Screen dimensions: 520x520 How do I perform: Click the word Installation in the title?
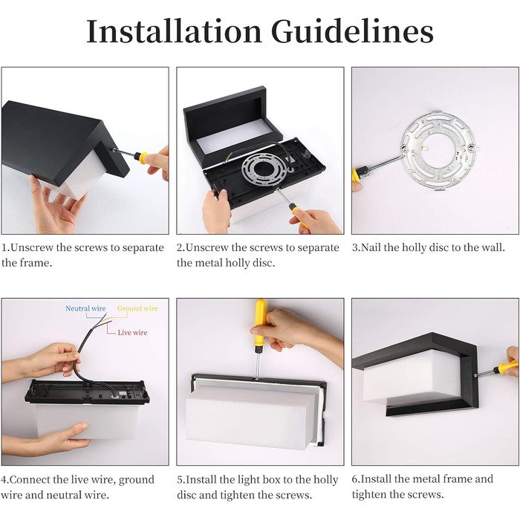[174, 31]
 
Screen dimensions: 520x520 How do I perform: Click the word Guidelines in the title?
[352, 31]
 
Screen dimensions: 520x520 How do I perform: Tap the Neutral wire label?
[85, 308]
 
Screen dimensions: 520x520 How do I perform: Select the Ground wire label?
[137, 308]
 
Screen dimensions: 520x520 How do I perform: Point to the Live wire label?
[132, 332]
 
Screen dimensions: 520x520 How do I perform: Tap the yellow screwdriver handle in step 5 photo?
[260, 321]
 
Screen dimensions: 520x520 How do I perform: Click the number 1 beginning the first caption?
[4, 247]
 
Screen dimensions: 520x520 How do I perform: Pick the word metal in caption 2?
[210, 263]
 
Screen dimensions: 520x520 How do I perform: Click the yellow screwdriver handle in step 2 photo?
[299, 215]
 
